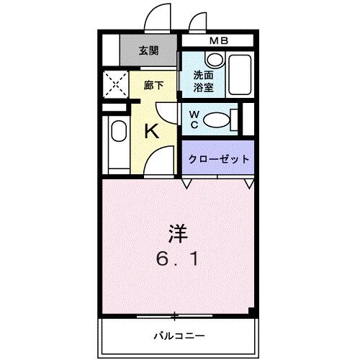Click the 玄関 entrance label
(x=149, y=50)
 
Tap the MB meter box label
(x=218, y=40)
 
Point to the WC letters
(x=194, y=118)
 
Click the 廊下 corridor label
(x=153, y=84)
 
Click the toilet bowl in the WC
(x=218, y=118)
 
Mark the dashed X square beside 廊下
(x=114, y=84)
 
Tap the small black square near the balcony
(x=251, y=311)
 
